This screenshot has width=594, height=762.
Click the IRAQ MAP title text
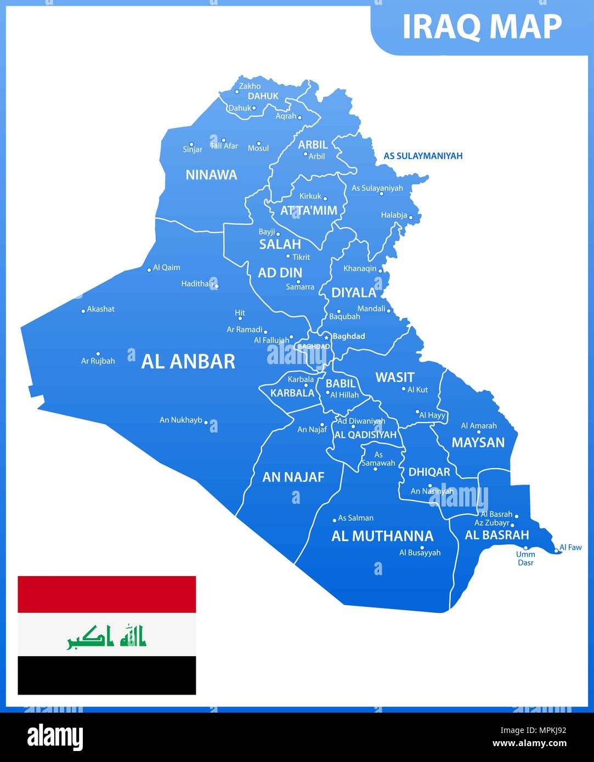pyautogui.click(x=482, y=26)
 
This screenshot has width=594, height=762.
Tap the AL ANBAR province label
pyautogui.click(x=188, y=361)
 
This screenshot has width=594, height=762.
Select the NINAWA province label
pyautogui.click(x=211, y=175)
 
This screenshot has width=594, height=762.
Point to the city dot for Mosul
pyautogui.click(x=259, y=143)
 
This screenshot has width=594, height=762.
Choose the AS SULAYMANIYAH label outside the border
pyautogui.click(x=423, y=156)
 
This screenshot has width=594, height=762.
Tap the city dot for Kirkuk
pyautogui.click(x=325, y=199)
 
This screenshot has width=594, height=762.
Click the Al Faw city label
pyautogui.click(x=570, y=547)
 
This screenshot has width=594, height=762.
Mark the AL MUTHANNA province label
pyautogui.click(x=382, y=536)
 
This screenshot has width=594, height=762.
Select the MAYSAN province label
pyautogui.click(x=478, y=442)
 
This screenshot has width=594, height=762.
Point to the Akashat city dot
pyautogui.click(x=83, y=311)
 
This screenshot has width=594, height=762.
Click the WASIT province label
pyautogui.click(x=394, y=377)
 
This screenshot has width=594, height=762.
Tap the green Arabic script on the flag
pyautogui.click(x=107, y=636)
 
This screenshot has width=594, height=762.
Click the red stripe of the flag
pyautogui.click(x=107, y=594)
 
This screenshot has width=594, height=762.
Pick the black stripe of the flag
pyautogui.click(x=107, y=675)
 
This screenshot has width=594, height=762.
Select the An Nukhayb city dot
pyautogui.click(x=206, y=423)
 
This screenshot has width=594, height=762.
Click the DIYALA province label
pyautogui.click(x=354, y=293)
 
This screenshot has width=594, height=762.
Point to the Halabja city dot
pyautogui.click(x=410, y=218)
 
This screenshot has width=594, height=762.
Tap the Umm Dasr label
pyautogui.click(x=525, y=558)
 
